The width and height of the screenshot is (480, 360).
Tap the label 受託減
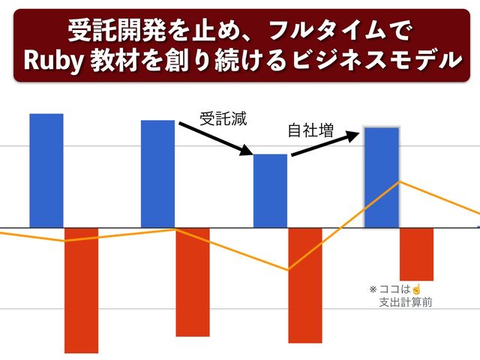[223, 118]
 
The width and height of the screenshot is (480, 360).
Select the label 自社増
[310, 130]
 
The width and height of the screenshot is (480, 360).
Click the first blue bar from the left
[46, 170]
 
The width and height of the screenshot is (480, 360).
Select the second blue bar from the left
[157, 173]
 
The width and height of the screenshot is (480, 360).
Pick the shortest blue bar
[270, 190]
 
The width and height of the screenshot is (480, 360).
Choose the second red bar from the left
[193, 282]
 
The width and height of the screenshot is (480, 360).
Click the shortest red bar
[416, 253]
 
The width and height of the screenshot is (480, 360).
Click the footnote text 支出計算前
[406, 303]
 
